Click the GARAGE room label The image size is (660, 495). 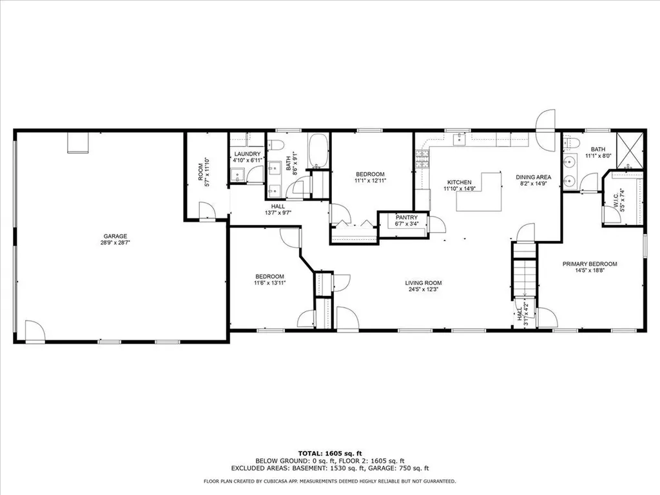coord(117,236)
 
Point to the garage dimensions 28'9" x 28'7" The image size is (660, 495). coord(117,244)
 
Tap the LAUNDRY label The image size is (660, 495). coord(247,153)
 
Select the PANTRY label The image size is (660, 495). coord(407,217)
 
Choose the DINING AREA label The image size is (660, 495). coord(533,177)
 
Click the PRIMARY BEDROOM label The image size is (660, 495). coord(590,264)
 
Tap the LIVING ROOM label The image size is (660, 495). coord(423,282)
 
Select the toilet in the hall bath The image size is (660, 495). coord(276,144)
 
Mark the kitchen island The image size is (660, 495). coord(480,192)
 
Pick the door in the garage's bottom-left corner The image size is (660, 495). coord(35,331)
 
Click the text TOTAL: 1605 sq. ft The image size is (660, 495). coord(329,453)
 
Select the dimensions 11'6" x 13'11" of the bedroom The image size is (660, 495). coord(270,282)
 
